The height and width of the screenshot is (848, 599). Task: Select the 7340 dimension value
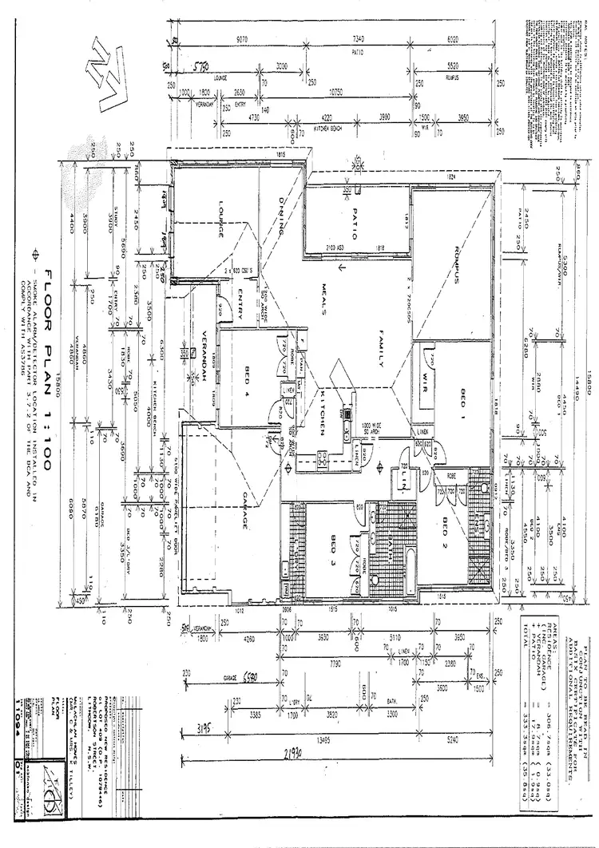[357, 38]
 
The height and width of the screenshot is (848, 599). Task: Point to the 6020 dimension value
[453, 38]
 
